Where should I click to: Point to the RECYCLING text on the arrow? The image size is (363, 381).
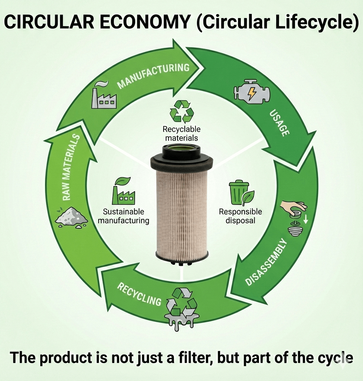[139, 294]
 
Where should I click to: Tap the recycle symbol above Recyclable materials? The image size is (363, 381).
[181, 112]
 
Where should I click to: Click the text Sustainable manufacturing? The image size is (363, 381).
[123, 216]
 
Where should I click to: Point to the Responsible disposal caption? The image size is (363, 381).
[240, 216]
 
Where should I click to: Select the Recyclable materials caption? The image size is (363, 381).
[181, 133]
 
